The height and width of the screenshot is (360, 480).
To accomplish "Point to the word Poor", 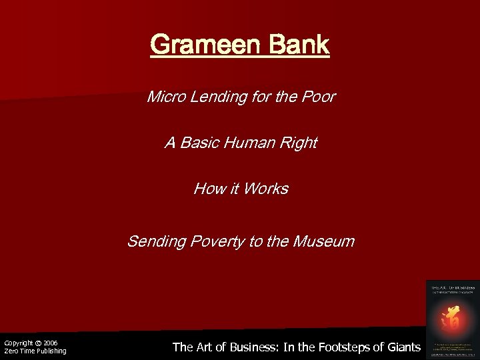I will click(x=319, y=97).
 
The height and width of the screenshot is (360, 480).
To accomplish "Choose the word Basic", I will click(x=199, y=143).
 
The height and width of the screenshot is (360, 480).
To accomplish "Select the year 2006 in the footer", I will click(x=51, y=343).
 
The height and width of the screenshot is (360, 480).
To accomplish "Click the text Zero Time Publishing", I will click(x=35, y=351).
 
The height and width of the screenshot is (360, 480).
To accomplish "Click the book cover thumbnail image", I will click(x=451, y=319).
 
